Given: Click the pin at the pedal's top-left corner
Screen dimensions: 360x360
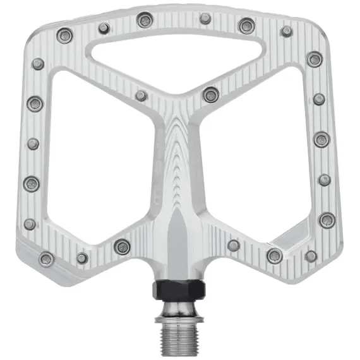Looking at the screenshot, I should click(x=63, y=35).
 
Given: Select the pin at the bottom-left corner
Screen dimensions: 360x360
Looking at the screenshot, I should click(x=46, y=258).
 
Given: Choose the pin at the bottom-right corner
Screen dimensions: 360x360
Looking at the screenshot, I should click(x=311, y=256).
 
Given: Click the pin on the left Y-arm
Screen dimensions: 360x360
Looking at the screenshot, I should click(x=141, y=95).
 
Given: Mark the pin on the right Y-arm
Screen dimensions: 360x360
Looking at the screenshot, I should click(x=211, y=95).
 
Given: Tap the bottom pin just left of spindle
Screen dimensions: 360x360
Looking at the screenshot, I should click(x=122, y=247).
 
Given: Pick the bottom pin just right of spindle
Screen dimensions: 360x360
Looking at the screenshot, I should click(x=234, y=245).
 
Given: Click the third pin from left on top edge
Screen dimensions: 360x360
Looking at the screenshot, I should click(x=144, y=21).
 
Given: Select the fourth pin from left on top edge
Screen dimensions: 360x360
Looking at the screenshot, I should click(x=205, y=18).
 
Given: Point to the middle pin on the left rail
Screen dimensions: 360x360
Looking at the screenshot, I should click(x=33, y=144).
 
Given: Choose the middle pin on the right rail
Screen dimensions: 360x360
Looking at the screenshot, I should click(x=321, y=140).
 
